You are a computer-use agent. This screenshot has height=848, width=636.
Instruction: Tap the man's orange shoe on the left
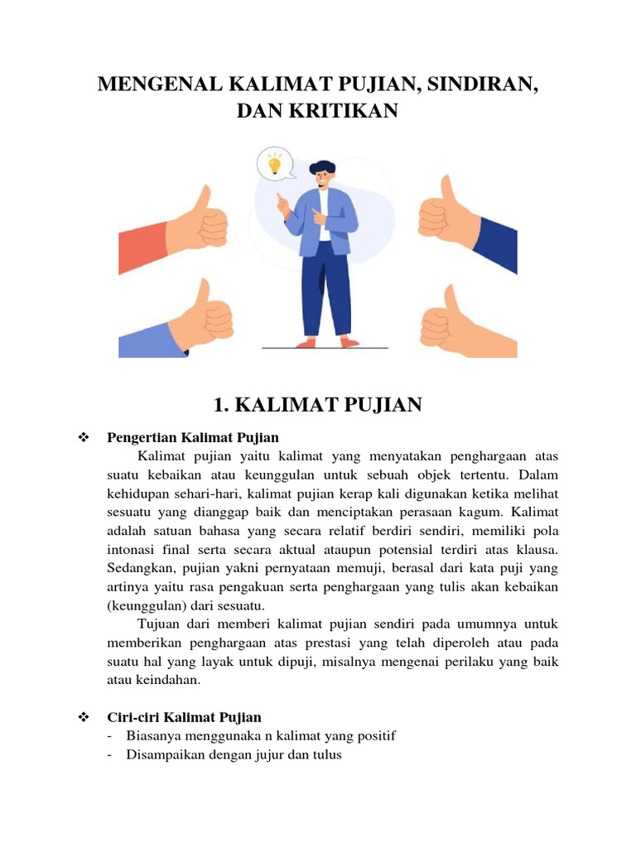306,341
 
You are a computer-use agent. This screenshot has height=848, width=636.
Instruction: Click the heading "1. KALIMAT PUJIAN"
318,404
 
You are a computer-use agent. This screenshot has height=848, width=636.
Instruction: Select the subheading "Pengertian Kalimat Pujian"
193,437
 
